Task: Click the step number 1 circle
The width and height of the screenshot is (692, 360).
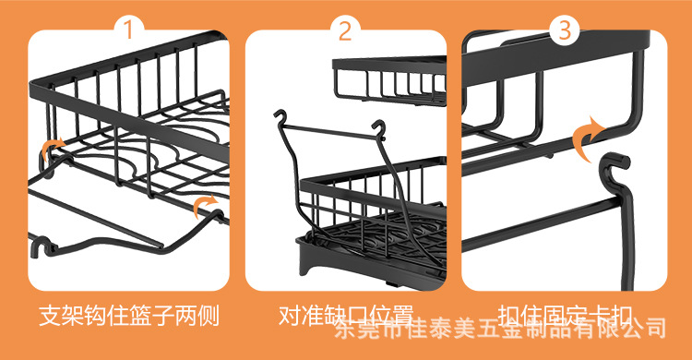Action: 128,30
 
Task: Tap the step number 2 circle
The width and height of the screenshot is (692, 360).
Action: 345,30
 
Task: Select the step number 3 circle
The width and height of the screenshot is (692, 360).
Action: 562,30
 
